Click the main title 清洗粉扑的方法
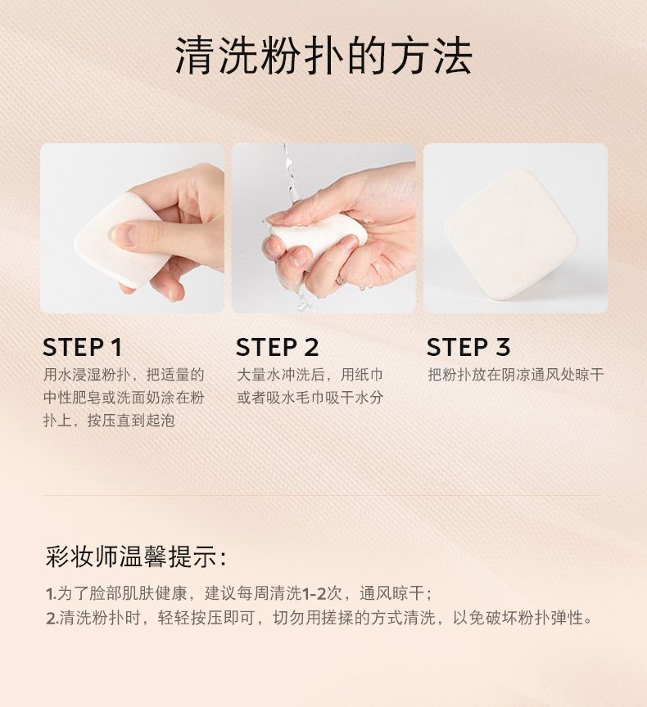(323, 56)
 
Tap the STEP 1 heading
(83, 347)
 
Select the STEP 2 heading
(277, 347)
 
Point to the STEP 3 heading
(468, 347)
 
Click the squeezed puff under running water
(318, 235)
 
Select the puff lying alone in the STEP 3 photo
(511, 235)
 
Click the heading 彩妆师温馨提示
(136, 557)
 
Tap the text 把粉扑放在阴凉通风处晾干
(516, 374)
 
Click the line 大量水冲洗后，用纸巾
(310, 374)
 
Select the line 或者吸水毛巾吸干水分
(310, 397)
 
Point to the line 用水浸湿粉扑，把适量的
(124, 374)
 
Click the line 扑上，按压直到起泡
(109, 421)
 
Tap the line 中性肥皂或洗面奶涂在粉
(124, 397)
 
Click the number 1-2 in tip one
(314, 593)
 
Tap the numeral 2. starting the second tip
(52, 618)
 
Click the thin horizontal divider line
(322, 495)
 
